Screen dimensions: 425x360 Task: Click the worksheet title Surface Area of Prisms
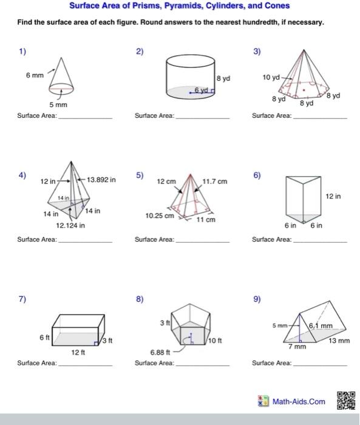coord(179,6)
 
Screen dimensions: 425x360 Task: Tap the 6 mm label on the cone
coord(35,75)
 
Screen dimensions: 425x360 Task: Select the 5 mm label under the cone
coord(58,105)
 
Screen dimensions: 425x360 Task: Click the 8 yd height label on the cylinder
coord(223,78)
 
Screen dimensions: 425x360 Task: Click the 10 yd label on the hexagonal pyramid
coord(271,78)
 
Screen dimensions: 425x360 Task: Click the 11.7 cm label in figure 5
coord(214,181)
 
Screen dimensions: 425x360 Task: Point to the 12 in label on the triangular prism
coord(333,196)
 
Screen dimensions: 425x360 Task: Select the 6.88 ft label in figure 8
coord(160,352)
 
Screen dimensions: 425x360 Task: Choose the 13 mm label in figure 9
coord(339,341)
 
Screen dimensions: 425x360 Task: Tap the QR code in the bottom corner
coord(344,401)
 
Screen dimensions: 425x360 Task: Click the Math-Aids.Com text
coord(298,402)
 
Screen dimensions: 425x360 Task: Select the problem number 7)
coord(22,299)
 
